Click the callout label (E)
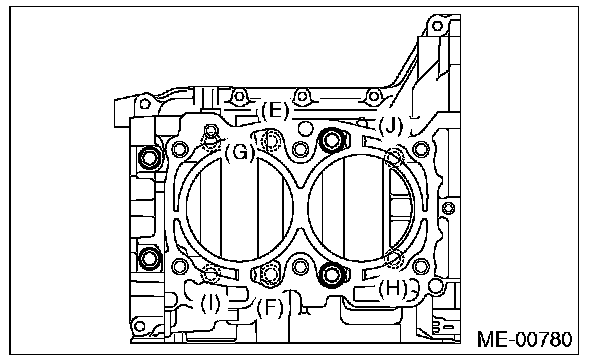pos(275,111)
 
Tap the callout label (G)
pos(240,152)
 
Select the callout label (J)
pos(391,125)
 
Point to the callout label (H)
pos(393,289)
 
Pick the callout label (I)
pos(210,303)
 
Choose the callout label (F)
pos(270,308)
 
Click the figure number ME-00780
pos(524,339)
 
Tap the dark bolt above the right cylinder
pos(331,140)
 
